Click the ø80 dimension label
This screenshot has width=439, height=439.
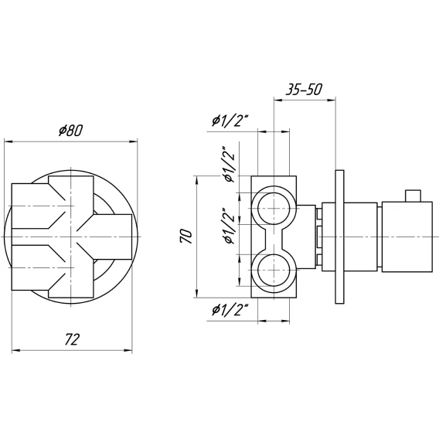point(71,131)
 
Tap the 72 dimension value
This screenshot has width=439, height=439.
point(72,339)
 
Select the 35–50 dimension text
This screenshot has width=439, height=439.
point(304,90)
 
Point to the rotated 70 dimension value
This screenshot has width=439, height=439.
point(187,237)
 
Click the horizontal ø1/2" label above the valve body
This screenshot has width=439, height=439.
point(230,121)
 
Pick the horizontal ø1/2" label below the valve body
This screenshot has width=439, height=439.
point(230,311)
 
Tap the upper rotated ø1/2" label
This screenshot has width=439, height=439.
point(229,164)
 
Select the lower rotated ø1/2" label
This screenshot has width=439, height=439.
point(229,226)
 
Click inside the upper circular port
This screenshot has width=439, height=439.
point(274,209)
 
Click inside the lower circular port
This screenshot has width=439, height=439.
point(274,271)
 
